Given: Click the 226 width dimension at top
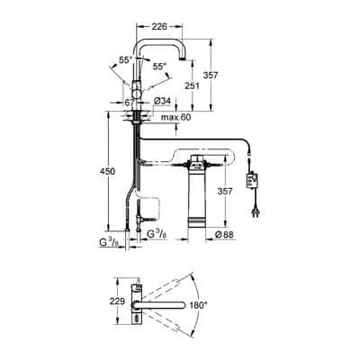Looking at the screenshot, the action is (x=158, y=27).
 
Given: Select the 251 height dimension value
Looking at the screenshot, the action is (x=191, y=85).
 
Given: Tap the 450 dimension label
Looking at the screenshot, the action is (x=108, y=172).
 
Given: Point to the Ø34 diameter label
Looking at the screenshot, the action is (x=162, y=101).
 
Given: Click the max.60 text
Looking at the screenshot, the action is (x=175, y=117).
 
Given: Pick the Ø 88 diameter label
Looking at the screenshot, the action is (x=224, y=234).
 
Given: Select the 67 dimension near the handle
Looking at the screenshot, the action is (x=130, y=103).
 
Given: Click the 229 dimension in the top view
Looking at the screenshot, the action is (x=118, y=301).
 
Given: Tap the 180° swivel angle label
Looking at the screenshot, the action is (x=199, y=305).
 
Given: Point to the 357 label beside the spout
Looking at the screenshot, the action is (x=211, y=76).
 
